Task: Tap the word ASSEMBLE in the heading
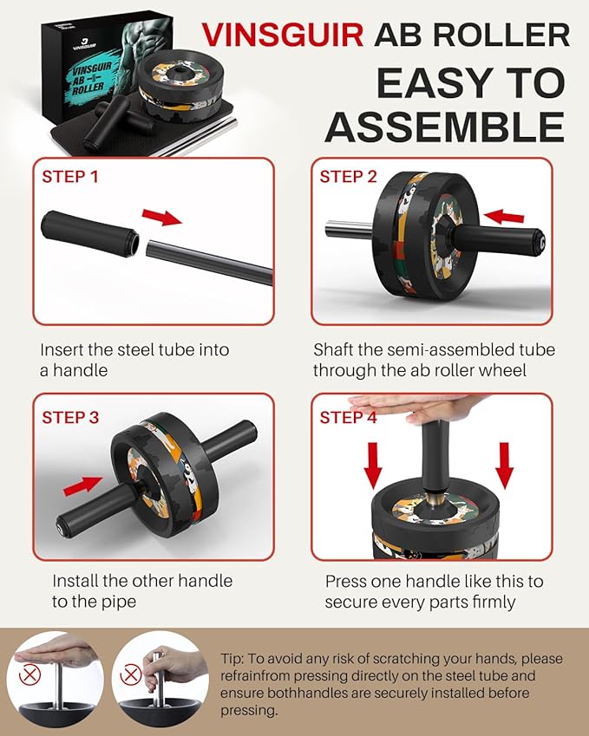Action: [444, 127]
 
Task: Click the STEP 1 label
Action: [70, 178]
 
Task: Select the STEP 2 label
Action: [348, 178]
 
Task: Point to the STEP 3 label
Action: [70, 417]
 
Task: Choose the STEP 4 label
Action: [348, 417]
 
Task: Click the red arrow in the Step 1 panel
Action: [161, 215]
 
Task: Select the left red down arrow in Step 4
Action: [373, 466]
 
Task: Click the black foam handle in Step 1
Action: [89, 234]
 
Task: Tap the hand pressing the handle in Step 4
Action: [408, 405]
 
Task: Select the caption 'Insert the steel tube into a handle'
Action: [135, 361]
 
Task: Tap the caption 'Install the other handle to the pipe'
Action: [142, 590]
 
